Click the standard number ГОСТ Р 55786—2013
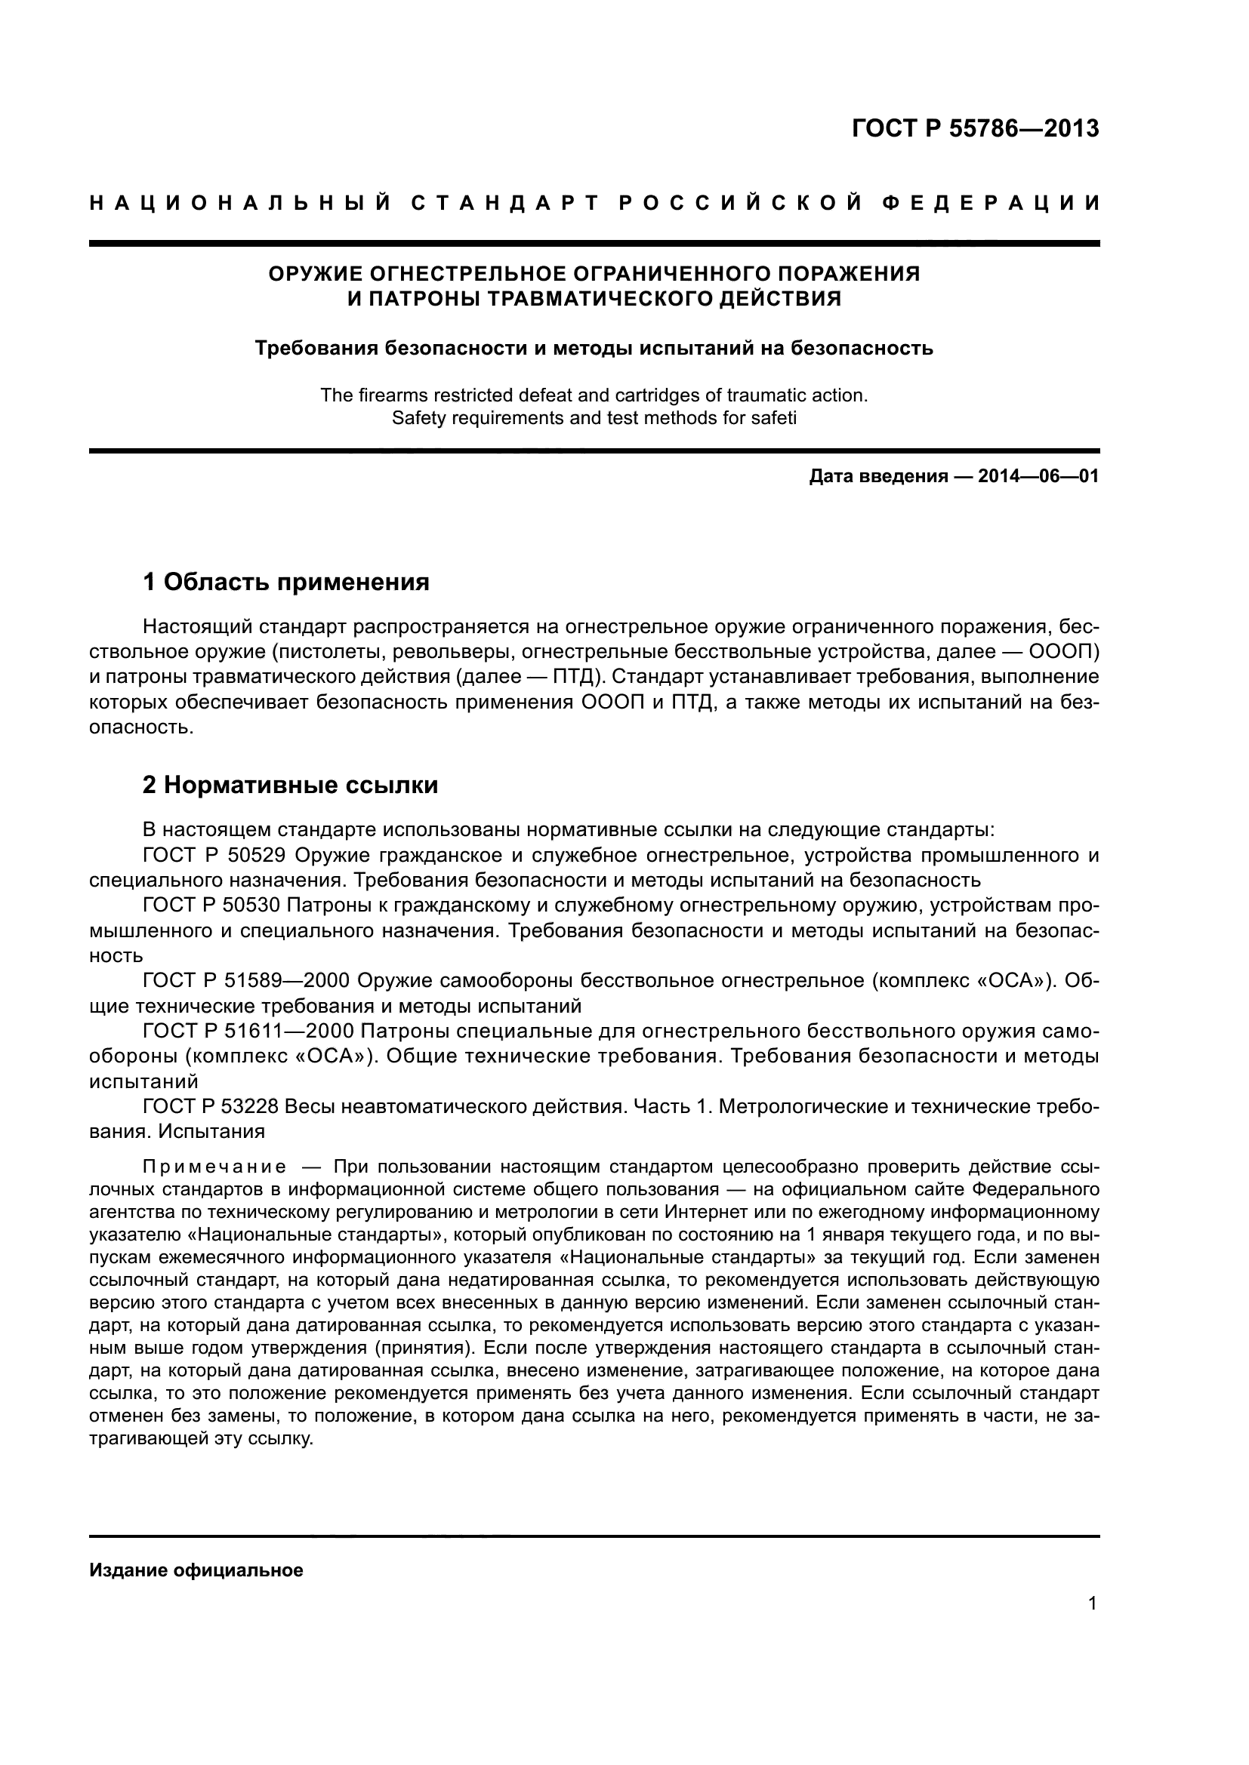tap(975, 128)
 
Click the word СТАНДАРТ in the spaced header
tap(504, 203)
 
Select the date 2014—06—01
tap(1038, 477)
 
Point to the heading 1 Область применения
tap(286, 582)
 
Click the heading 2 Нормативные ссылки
tap(291, 785)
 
